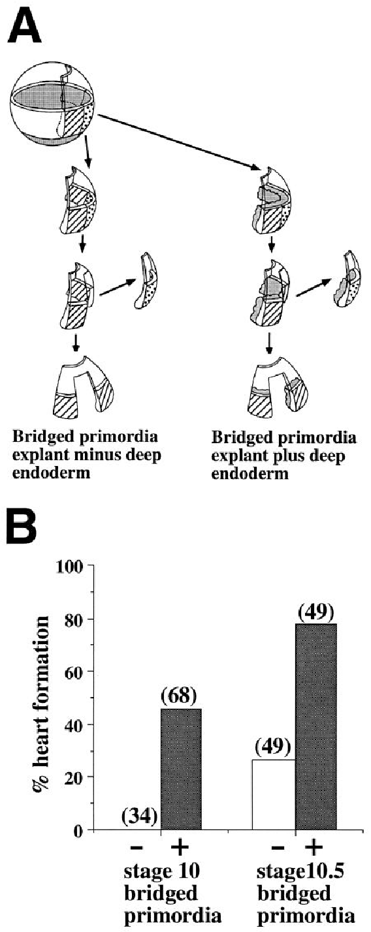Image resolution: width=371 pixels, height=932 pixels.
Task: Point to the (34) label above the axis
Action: click(138, 817)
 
